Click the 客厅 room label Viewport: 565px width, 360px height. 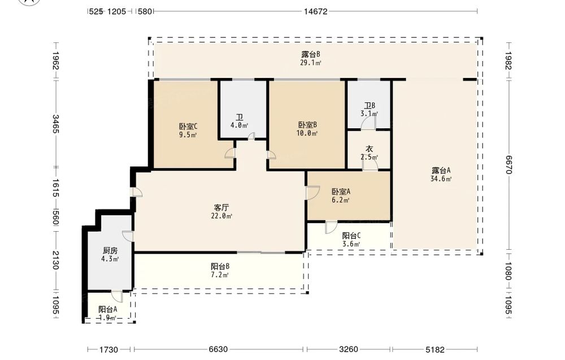pyautogui.click(x=221, y=207)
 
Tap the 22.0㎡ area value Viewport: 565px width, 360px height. pyautogui.click(x=221, y=216)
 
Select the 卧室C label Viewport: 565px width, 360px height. pyautogui.click(x=188, y=127)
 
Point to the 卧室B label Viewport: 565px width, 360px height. pyautogui.click(x=307, y=125)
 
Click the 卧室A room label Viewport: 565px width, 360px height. pyautogui.click(x=341, y=192)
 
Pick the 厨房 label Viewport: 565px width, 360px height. pyautogui.click(x=110, y=250)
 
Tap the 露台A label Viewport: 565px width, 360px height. pyautogui.click(x=441, y=171)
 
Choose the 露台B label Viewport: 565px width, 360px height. pyautogui.click(x=311, y=54)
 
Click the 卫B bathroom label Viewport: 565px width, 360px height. pyautogui.click(x=370, y=106)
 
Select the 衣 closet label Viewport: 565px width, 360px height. pyautogui.click(x=370, y=149)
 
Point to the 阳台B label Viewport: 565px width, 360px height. pyautogui.click(x=220, y=267)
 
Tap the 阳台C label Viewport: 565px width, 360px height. pyautogui.click(x=351, y=236)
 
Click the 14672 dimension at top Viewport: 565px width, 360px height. pyautogui.click(x=315, y=11)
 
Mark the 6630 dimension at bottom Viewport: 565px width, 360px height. pyautogui.click(x=218, y=349)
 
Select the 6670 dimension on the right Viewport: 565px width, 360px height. pyautogui.click(x=508, y=164)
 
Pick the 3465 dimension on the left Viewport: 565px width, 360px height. pyautogui.click(x=55, y=124)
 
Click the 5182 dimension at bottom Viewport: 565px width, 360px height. pyautogui.click(x=435, y=349)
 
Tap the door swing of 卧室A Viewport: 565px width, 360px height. pyautogui.click(x=313, y=192)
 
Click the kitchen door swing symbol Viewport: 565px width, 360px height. pyautogui.click(x=128, y=236)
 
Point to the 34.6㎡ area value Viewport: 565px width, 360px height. pyautogui.click(x=441, y=179)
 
